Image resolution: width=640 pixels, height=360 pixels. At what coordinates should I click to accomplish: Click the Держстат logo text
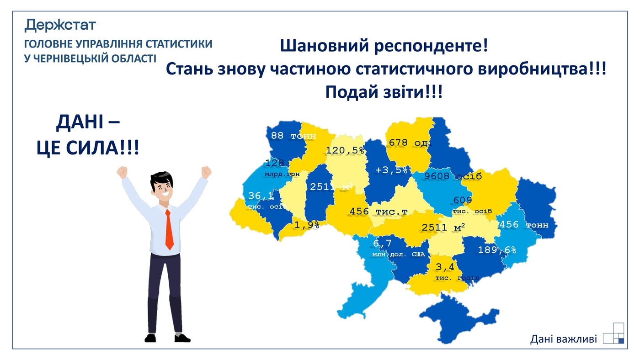60,25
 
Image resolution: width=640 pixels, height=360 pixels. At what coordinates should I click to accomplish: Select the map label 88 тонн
287,136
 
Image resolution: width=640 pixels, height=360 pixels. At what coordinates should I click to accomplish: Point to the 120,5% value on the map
345,150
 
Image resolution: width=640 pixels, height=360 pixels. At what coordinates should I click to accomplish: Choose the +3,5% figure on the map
391,170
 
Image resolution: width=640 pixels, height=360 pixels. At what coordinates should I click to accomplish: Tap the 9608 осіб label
453,176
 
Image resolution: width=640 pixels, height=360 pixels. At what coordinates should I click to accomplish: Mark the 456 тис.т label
378,212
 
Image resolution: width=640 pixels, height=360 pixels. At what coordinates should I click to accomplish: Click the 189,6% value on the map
497,250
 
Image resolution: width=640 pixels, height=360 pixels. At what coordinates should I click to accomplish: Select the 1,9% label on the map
306,225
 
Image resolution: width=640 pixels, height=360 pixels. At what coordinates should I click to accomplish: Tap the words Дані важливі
563,339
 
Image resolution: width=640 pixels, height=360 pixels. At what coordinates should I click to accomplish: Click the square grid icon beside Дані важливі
613,333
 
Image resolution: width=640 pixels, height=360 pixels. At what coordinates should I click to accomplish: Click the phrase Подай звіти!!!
384,92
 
